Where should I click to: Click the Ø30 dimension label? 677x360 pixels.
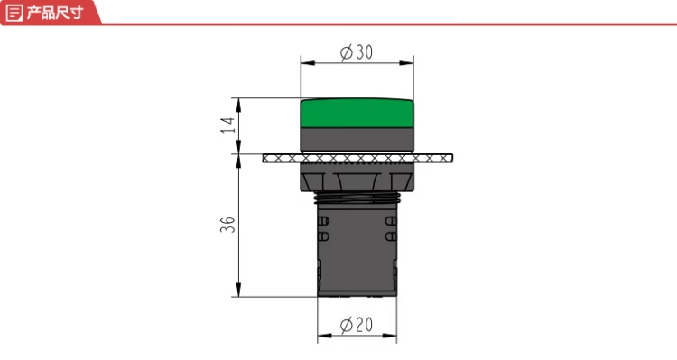pos(357,52)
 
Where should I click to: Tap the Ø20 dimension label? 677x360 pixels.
pos(357,325)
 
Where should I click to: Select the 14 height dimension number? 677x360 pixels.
pos(227,125)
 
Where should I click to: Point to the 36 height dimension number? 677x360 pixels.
pos(227,225)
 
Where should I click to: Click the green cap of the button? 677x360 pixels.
pos(357,113)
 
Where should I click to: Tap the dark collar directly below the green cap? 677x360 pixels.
pos(357,140)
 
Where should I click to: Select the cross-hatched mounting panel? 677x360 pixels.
pos(357,159)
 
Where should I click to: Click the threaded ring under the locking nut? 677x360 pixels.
pos(357,198)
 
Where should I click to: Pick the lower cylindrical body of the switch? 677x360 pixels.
pos(357,250)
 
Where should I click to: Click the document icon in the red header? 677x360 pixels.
pos(14,13)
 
